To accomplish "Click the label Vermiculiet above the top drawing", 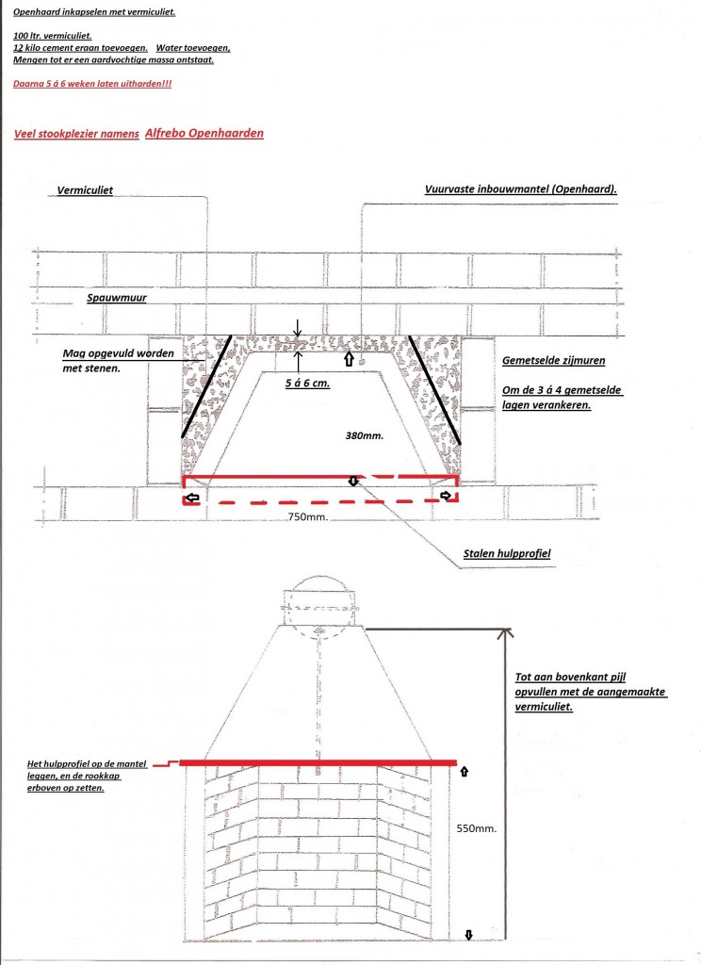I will coord(85,190).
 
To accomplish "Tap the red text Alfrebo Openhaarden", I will coord(204,133).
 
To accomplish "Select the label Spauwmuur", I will coord(117,297).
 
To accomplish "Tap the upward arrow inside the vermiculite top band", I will coord(348,359).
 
